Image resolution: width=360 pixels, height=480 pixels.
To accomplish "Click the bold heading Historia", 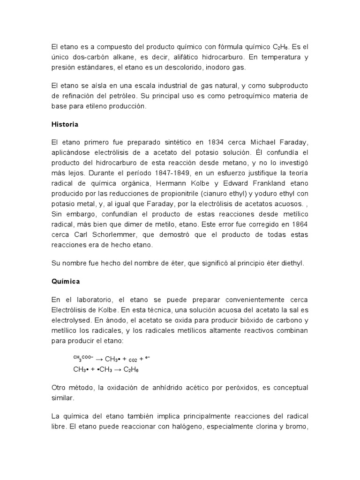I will (x=65, y=125).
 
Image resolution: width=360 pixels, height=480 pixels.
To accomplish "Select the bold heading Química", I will (x=66, y=282).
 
